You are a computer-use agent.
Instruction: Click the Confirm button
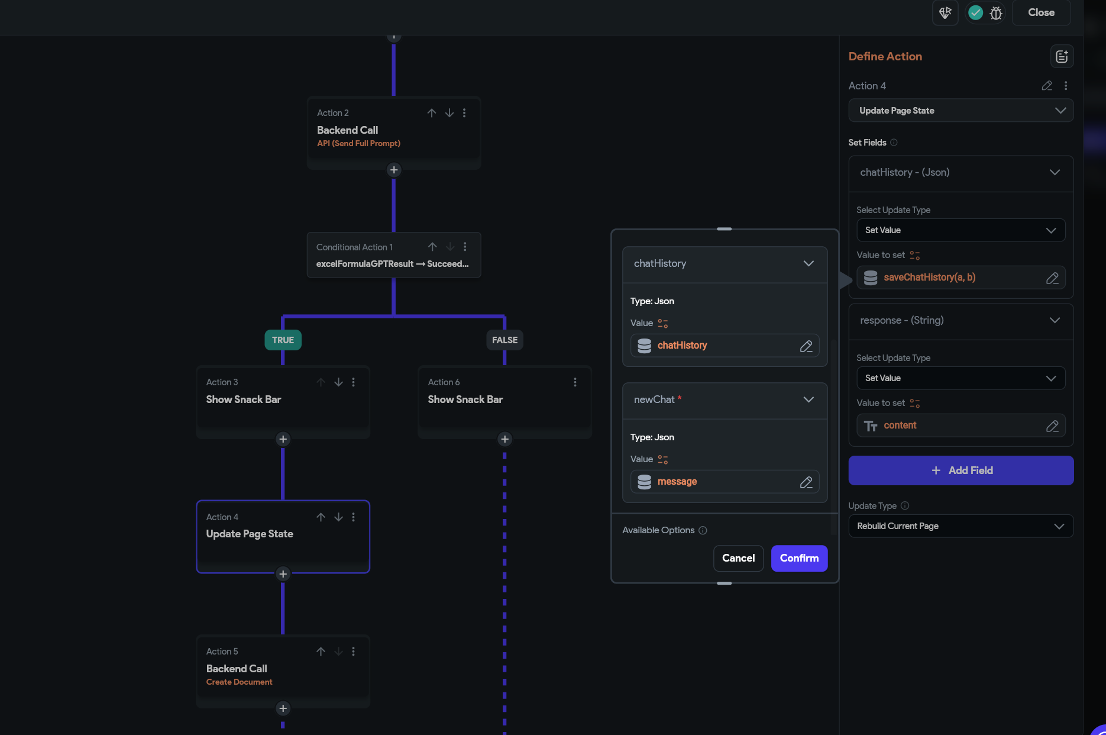(x=799, y=558)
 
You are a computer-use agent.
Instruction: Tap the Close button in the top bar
(x=1041, y=12)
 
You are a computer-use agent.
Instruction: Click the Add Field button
(x=961, y=470)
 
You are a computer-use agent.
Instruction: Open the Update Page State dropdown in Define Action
(x=961, y=111)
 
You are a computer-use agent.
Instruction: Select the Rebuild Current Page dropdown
(x=961, y=526)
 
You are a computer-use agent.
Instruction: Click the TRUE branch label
(x=283, y=340)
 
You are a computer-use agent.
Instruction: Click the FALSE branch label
(x=505, y=340)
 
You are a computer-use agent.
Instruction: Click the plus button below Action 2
(x=394, y=170)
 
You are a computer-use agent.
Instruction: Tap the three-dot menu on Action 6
(x=575, y=382)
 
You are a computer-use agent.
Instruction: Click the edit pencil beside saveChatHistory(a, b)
(x=1052, y=278)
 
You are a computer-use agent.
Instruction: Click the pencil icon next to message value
(x=806, y=482)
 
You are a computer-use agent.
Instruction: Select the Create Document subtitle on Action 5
(x=239, y=682)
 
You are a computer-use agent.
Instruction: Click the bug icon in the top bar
(x=996, y=13)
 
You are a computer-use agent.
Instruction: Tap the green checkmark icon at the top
(x=976, y=12)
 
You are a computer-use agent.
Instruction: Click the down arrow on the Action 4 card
(x=338, y=517)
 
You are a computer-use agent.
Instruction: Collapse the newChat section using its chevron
(x=809, y=399)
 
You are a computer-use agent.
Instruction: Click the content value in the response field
(x=900, y=425)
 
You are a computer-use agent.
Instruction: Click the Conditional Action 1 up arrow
(x=432, y=247)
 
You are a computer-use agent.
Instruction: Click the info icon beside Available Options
(x=703, y=530)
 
